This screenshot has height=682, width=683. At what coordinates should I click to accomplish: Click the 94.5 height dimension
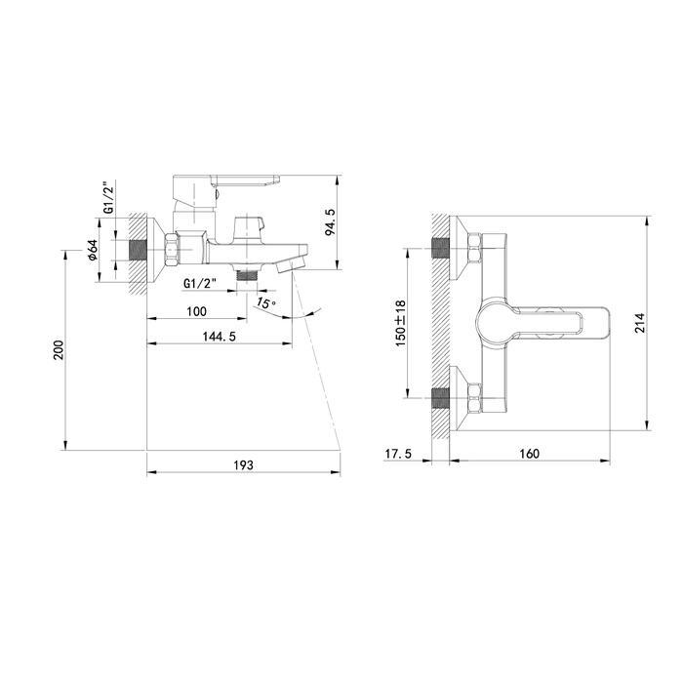coord(330,222)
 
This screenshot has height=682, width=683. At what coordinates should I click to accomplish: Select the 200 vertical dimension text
coord(59,349)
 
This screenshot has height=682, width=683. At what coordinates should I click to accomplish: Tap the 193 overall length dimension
coord(243,465)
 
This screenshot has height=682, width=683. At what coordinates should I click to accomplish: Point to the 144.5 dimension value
coord(220,337)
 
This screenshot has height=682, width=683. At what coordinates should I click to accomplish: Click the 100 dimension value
coord(196,311)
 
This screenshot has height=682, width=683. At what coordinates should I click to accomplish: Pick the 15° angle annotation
coord(266,302)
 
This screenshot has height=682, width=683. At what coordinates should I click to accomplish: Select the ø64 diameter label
coord(93,251)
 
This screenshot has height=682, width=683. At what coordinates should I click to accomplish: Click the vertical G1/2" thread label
coord(110,196)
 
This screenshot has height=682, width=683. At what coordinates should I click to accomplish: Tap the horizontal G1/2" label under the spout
coord(200,284)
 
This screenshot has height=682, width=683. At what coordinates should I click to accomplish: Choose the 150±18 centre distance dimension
coord(400,323)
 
